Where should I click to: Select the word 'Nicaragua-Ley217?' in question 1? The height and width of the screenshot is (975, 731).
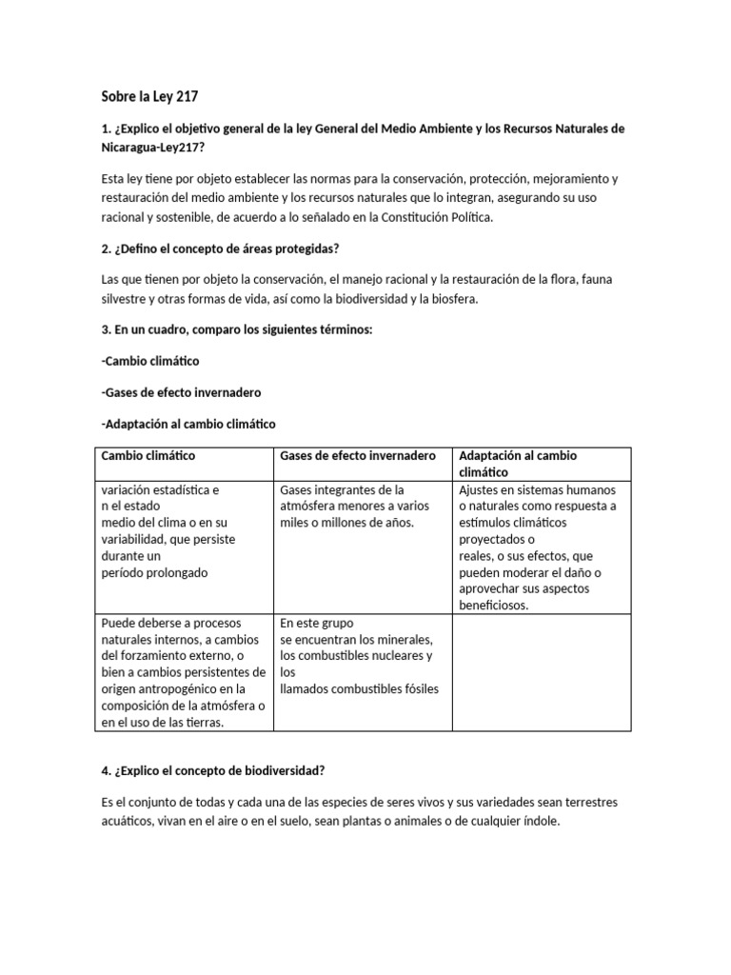pos(153,148)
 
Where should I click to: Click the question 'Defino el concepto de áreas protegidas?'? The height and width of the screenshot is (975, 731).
pos(227,249)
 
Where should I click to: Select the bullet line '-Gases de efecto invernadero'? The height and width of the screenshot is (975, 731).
pos(180,392)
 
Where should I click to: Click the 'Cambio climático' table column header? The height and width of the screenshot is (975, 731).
pos(148,456)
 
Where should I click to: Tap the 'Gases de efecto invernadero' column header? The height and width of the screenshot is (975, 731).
pos(358,456)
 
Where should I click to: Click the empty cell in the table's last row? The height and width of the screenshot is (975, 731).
pos(542,672)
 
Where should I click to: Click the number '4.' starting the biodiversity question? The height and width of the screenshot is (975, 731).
pos(107,770)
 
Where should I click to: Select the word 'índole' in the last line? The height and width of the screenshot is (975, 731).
pos(540,820)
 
